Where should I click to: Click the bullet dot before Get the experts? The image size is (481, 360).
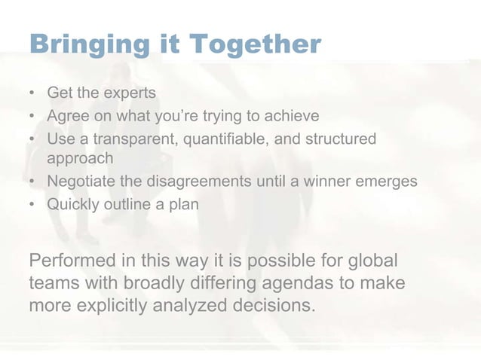point(32,94)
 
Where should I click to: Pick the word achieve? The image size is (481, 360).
point(290,117)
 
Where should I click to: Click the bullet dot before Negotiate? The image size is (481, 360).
point(32,182)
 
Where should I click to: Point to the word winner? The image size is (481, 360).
point(331,182)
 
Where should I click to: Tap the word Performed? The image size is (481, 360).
point(72,261)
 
